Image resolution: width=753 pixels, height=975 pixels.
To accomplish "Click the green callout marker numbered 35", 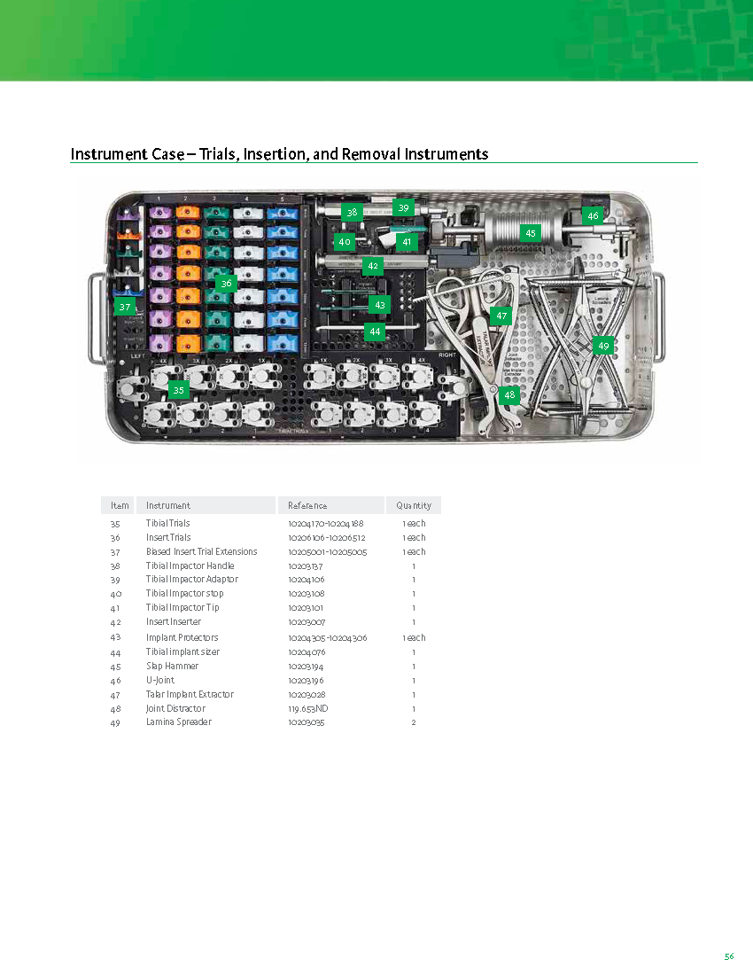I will point(179,390).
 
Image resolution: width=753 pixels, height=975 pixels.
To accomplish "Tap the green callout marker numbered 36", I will point(227,284).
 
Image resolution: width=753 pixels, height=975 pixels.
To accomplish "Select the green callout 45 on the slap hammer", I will point(531,233).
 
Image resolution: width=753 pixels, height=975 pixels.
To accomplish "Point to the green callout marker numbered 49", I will point(603,346).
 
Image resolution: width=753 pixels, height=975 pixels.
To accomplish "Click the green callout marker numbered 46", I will point(593,215).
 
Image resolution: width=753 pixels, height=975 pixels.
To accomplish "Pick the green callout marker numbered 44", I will point(376,331).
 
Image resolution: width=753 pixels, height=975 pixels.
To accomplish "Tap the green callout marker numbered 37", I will point(124,307).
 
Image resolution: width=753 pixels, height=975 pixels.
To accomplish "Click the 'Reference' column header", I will point(307,505).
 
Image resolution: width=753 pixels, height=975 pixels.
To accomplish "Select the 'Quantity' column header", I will point(414,505).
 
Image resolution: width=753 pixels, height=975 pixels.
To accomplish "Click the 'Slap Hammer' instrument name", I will point(172,666).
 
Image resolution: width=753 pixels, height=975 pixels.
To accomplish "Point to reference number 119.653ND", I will point(308,708).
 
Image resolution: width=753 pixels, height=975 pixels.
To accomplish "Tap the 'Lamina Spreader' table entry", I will point(178,722).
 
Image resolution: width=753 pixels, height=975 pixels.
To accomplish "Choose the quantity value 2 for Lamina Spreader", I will point(414,722).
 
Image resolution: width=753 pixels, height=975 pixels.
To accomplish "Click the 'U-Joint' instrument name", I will point(159,680).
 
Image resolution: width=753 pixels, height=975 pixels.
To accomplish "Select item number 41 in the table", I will point(115,607).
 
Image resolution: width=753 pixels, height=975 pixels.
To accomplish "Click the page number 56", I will point(728,956).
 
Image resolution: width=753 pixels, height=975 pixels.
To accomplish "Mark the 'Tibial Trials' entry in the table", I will point(167,524).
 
